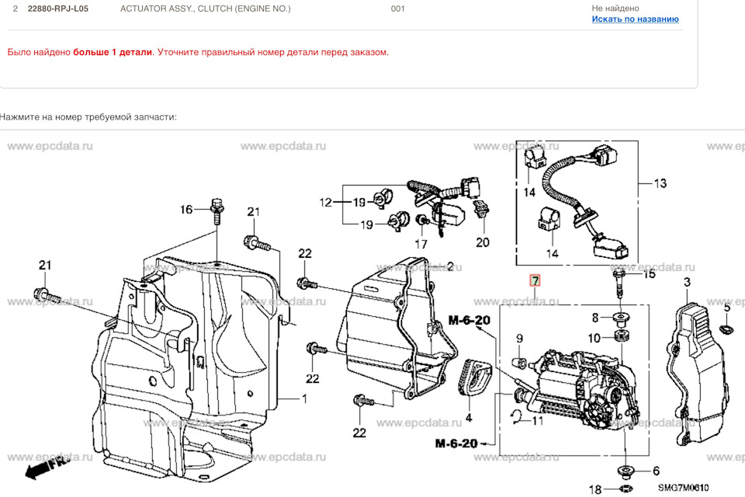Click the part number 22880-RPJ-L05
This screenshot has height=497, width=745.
(x=58, y=9)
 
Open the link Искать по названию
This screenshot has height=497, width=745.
(x=635, y=19)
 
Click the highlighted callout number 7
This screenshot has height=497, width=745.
(x=535, y=280)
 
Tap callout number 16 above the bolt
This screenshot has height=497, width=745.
(x=186, y=210)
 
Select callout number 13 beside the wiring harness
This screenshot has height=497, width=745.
(x=660, y=184)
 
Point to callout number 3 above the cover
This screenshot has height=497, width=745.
(x=686, y=283)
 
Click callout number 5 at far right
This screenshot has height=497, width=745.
(x=726, y=308)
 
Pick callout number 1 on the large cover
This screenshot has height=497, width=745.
(x=304, y=399)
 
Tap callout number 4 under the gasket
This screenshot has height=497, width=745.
(x=468, y=418)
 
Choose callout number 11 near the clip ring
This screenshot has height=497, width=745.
(x=538, y=421)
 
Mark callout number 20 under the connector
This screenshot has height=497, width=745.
(x=483, y=242)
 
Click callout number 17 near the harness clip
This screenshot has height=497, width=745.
(x=421, y=243)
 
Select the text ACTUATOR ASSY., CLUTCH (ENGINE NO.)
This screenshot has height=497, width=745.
(x=206, y=9)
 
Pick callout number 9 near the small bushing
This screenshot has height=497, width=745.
(x=519, y=338)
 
